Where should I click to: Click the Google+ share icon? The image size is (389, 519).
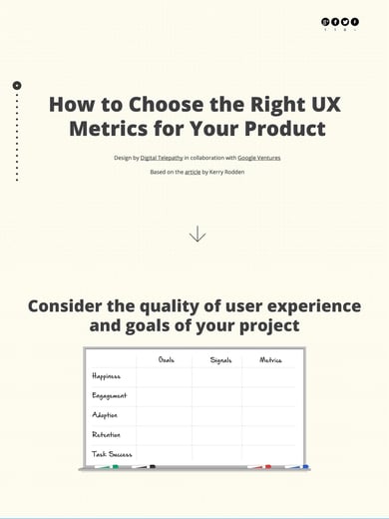pos(325,21)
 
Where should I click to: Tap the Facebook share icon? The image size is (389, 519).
pos(335,21)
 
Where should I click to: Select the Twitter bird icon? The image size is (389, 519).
pos(345,21)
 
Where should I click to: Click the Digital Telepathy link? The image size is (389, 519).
pos(162,158)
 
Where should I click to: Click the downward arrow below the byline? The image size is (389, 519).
pos(197,234)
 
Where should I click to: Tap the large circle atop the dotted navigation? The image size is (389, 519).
pos(17,86)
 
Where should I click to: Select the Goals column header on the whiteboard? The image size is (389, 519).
pos(166,359)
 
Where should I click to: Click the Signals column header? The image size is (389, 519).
pos(220,359)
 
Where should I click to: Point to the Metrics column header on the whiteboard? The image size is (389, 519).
pos(270,359)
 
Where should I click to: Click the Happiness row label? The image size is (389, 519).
pos(106,377)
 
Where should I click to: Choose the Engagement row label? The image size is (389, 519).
pos(109,396)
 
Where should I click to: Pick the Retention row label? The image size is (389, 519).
pos(106,434)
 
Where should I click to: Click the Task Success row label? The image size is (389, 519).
pos(112,453)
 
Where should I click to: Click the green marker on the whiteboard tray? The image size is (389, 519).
pos(114,466)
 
